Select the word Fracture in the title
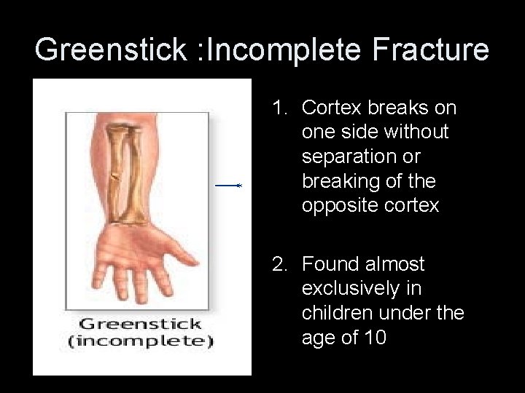pos(430,49)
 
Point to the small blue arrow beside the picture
pos(228,186)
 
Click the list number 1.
pos(278,108)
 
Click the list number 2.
pos(278,264)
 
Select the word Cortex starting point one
pos(327,108)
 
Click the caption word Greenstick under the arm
pos(140,325)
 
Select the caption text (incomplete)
pos(140,341)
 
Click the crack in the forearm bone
pos(114,176)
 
